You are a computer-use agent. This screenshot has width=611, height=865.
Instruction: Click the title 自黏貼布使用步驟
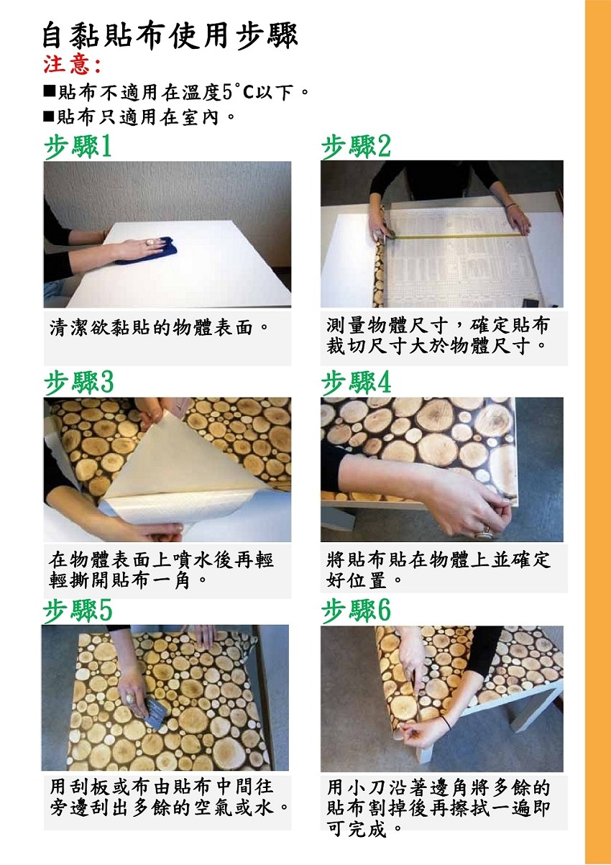tap(170, 37)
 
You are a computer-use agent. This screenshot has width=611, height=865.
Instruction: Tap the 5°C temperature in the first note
tap(238, 92)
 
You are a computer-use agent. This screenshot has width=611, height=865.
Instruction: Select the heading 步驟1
tap(78, 147)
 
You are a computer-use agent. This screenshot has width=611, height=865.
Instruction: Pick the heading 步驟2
tap(356, 147)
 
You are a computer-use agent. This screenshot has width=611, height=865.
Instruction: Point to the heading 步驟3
tap(79, 383)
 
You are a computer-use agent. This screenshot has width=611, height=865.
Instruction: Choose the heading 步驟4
tap(356, 383)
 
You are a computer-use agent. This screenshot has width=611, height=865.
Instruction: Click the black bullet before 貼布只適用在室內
tap(49, 116)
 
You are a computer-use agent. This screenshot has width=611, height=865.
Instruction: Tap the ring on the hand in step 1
tap(150, 242)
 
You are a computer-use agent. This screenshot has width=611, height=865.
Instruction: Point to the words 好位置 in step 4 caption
tap(357, 580)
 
